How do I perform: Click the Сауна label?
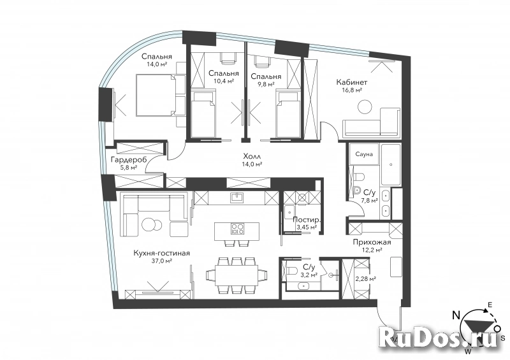[x=364, y=154]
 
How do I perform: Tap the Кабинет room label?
[x=352, y=83]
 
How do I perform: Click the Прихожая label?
[x=372, y=243]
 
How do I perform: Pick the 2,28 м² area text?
[x=365, y=278]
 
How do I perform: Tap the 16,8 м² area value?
[x=352, y=91]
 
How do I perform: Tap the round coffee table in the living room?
[x=152, y=224]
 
